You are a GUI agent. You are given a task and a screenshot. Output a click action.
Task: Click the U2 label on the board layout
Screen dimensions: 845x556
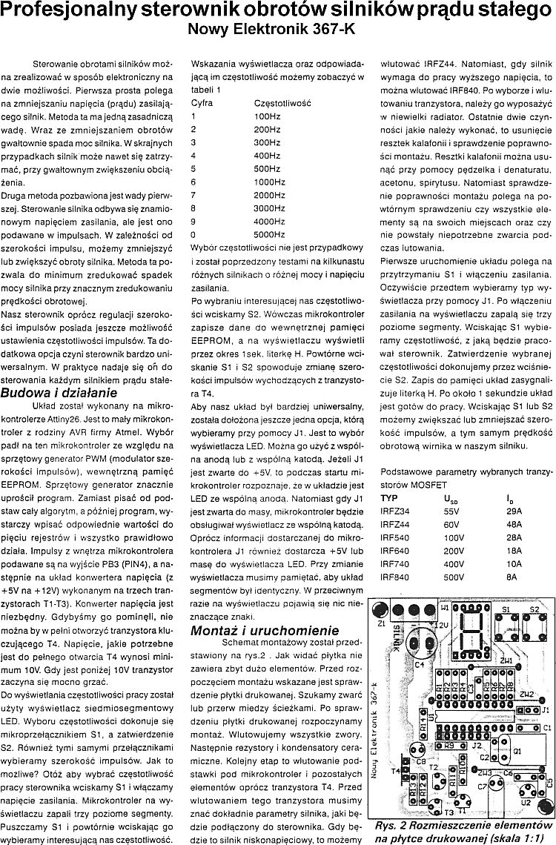pyautogui.click(x=525, y=801)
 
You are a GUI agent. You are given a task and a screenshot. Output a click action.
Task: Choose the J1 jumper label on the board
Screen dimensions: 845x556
pyautogui.click(x=545, y=709)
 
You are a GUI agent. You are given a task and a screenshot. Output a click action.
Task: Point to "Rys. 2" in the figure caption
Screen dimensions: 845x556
pyautogui.click(x=392, y=824)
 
